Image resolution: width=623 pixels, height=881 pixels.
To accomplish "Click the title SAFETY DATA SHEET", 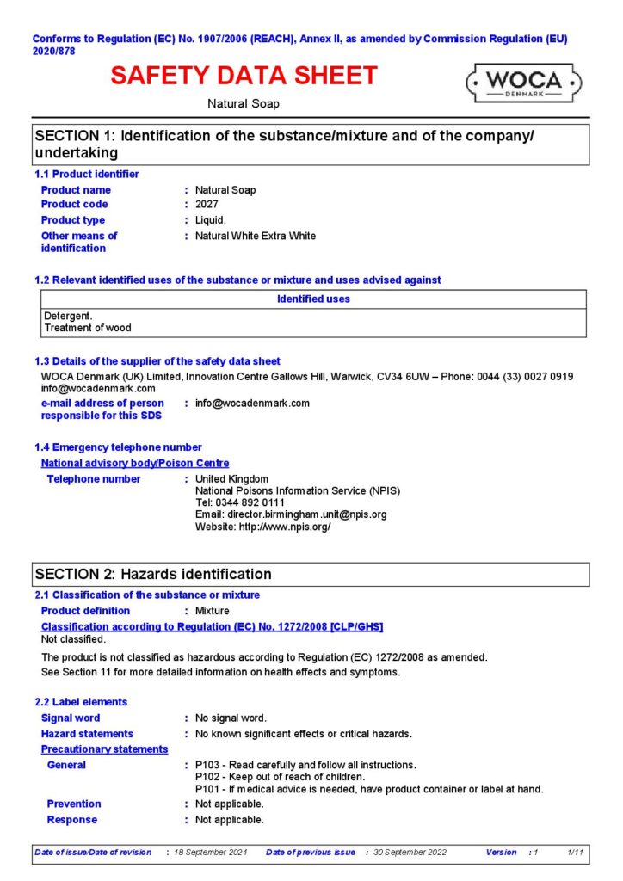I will coord(244,76).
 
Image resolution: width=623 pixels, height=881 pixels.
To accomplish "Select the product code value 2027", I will coord(207,205).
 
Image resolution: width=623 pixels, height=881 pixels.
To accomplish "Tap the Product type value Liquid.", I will coord(212,220).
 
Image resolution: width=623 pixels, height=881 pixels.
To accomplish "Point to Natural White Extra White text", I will coord(255,236).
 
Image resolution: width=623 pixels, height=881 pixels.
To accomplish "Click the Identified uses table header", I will coord(313,299).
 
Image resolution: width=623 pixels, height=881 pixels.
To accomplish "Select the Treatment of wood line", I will coord(88,328).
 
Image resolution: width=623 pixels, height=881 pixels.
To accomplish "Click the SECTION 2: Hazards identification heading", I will coord(152,575).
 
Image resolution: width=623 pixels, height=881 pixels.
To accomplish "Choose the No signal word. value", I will coord(231,718).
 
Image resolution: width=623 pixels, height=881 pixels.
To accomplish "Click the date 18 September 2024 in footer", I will coord(210,853).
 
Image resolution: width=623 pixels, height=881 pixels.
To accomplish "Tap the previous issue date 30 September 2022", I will coord(409,853).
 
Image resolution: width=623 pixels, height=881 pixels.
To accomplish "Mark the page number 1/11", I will coord(575,853).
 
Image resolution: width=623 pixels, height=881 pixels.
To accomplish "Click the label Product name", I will coord(76,190).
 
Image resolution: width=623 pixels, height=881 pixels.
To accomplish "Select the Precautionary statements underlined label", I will coord(104,749).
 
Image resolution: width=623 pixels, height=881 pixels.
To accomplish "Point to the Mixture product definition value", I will coord(212,611).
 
